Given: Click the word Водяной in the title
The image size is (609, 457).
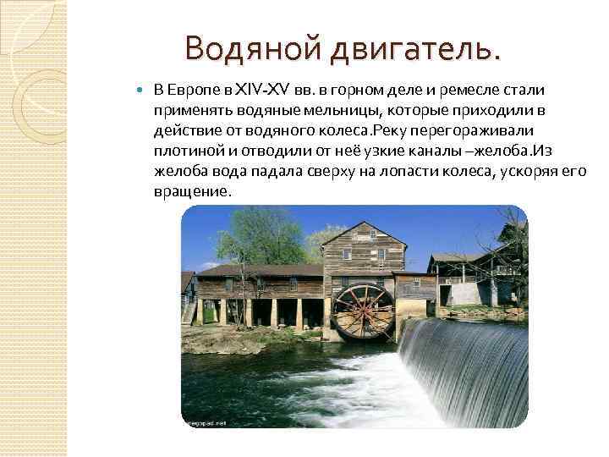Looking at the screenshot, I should coord(237,48).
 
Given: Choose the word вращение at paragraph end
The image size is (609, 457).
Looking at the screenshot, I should coord(190,191).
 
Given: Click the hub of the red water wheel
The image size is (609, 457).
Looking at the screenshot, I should coord(363,311).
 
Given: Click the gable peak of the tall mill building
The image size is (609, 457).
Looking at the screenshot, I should coord(359,223).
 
